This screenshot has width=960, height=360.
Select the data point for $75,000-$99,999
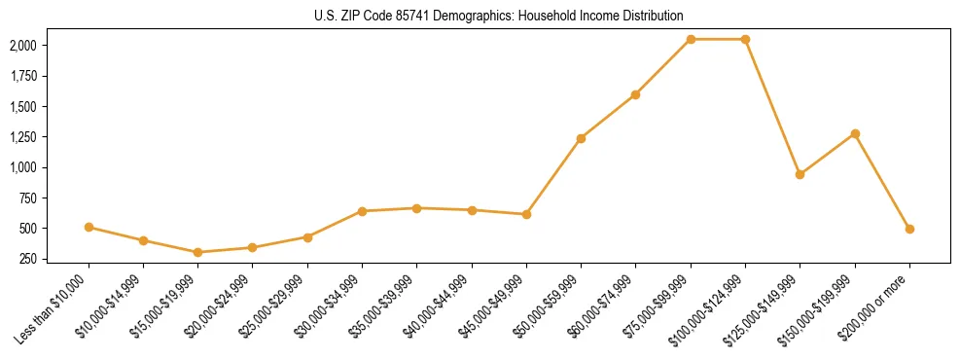[691, 39]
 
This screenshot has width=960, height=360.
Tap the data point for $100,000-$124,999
[745, 39]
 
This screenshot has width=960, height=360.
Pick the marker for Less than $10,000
[89, 227]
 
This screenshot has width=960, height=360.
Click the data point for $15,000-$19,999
[198, 252]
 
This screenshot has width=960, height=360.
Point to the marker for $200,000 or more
[909, 229]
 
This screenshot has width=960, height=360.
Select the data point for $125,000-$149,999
[800, 174]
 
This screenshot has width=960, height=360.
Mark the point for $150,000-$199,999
[855, 133]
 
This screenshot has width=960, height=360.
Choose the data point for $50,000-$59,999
[581, 138]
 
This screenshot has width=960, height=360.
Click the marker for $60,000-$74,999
[635, 94]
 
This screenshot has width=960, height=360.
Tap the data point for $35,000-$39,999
[416, 208]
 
